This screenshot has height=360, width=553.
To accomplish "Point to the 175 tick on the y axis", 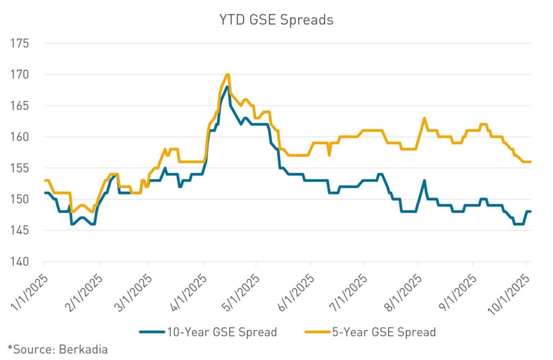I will point(22,43).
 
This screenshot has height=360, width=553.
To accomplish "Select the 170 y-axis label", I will point(22,74).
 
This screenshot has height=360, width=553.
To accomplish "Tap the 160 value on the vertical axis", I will point(22,137).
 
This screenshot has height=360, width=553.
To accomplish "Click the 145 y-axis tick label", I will point(22,231).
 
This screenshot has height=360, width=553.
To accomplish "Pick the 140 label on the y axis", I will point(22,262).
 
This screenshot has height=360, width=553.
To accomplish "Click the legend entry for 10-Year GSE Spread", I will point(208,331).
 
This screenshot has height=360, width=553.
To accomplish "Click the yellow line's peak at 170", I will point(228,74).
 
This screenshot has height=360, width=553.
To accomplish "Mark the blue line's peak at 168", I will point(227,87).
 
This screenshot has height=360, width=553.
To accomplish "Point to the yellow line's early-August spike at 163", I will point(424,118).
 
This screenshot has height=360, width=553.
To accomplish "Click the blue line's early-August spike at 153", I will point(424,181).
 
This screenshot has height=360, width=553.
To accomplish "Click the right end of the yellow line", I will point(531,162).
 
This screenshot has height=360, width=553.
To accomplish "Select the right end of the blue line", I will point(531,212).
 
